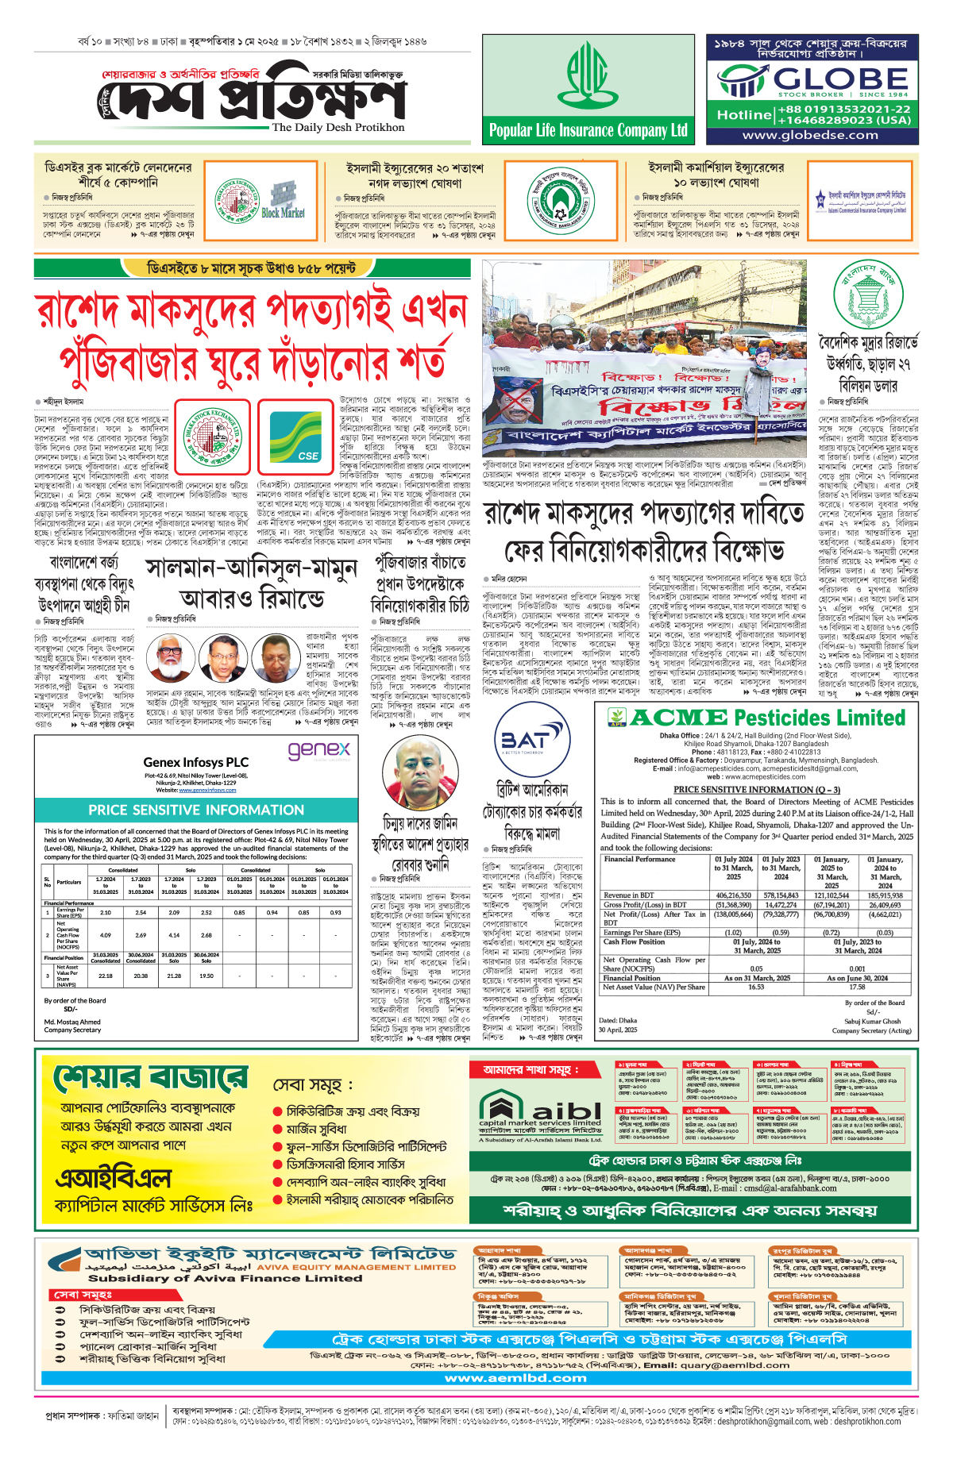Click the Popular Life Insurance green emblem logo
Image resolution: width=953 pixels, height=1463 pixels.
click(x=588, y=76)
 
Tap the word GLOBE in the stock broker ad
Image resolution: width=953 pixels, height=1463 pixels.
click(x=840, y=79)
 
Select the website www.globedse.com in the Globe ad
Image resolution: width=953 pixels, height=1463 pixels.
click(x=810, y=135)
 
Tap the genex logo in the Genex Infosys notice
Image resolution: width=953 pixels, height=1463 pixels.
click(x=318, y=750)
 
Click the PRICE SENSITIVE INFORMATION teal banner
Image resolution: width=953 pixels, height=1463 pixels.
click(x=195, y=810)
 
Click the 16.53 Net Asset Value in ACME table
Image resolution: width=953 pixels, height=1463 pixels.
click(x=755, y=987)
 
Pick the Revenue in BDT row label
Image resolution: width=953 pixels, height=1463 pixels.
click(x=628, y=895)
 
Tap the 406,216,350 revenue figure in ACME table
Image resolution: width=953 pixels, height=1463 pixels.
click(x=733, y=895)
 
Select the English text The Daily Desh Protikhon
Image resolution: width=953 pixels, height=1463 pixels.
click(x=338, y=127)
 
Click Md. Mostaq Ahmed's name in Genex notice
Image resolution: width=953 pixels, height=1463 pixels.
click(x=72, y=1022)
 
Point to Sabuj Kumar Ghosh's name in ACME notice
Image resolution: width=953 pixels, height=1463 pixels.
click(x=872, y=1022)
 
